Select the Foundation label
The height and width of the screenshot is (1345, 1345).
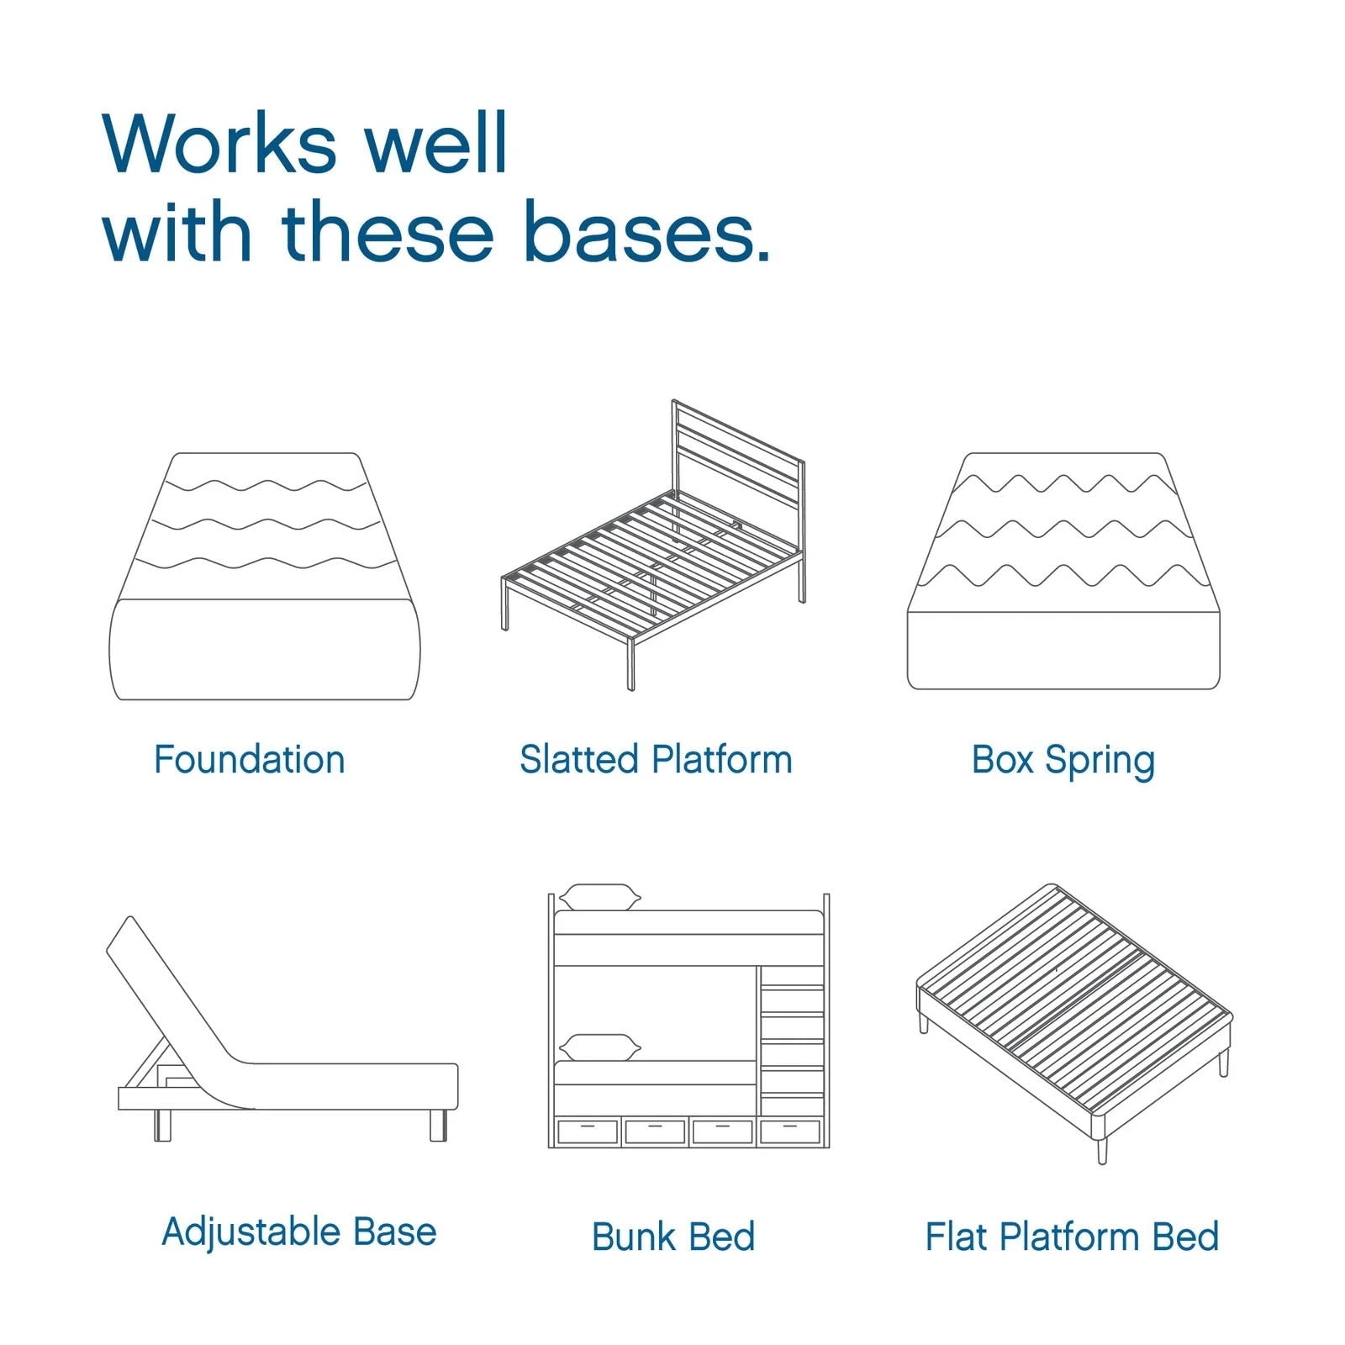pyautogui.click(x=250, y=760)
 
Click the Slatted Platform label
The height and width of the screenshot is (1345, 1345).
pyautogui.click(x=656, y=760)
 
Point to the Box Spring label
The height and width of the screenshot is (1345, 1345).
pyautogui.click(x=1063, y=761)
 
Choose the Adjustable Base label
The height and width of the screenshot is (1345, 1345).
pyautogui.click(x=298, y=1232)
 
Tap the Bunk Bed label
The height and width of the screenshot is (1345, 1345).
pyautogui.click(x=672, y=1237)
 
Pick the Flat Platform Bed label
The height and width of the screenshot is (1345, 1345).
pyautogui.click(x=1072, y=1237)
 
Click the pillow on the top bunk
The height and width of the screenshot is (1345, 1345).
pyautogui.click(x=599, y=897)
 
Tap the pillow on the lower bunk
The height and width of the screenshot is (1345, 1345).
pyautogui.click(x=599, y=1047)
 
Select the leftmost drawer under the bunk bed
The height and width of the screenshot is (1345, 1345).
pyautogui.click(x=587, y=1131)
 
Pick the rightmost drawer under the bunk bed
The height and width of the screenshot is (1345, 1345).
pyautogui.click(x=790, y=1131)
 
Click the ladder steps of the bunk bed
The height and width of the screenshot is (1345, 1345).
pyautogui.click(x=792, y=1042)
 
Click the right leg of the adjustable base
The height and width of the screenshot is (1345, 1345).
pyautogui.click(x=438, y=1125)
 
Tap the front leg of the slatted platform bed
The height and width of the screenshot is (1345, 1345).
pyautogui.click(x=631, y=664)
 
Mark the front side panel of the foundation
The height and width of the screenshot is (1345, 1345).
pyautogui.click(x=265, y=650)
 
